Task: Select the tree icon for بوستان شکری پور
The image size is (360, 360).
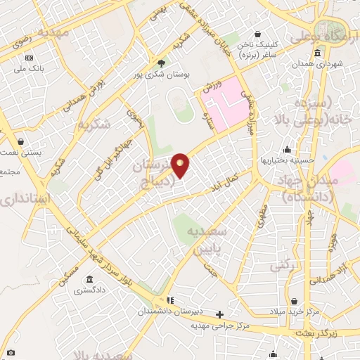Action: click(x=160, y=62)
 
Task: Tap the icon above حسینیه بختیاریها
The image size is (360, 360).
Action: click(x=286, y=149)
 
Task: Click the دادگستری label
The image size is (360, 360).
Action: click(x=89, y=289)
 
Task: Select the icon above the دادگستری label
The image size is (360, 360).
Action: click(x=89, y=278)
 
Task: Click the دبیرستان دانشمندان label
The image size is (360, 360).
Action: click(x=163, y=310)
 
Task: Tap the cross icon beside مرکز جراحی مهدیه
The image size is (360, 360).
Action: click(x=219, y=314)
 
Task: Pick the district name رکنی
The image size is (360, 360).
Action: click(x=281, y=266)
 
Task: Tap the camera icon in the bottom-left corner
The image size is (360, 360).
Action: click(x=10, y=352)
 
